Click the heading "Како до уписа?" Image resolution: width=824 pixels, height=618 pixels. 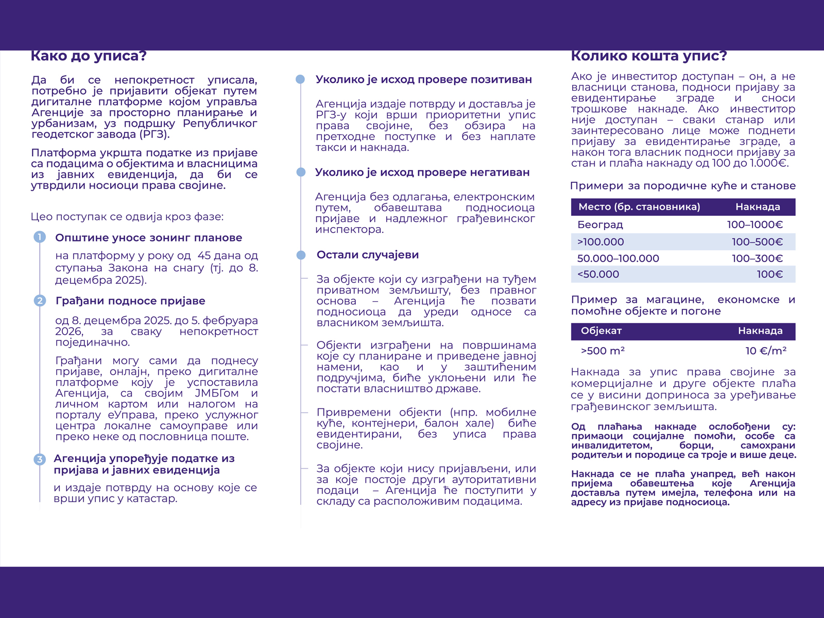(89, 56)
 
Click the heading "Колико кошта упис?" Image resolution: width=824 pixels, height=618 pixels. (649, 56)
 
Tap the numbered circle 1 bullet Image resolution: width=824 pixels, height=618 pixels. (40, 237)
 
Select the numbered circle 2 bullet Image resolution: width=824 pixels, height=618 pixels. (40, 300)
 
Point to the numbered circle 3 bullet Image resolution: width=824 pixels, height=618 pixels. (40, 459)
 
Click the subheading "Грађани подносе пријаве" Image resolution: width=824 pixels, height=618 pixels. (130, 301)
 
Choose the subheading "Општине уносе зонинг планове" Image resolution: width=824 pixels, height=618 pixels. (148, 238)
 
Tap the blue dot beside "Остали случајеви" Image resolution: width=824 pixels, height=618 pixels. (301, 255)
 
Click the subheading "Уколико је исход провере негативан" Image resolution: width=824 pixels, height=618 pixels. (422, 173)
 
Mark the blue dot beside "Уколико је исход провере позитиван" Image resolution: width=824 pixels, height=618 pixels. (301, 79)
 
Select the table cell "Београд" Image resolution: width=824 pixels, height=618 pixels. (600, 225)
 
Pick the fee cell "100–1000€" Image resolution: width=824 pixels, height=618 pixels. (754, 225)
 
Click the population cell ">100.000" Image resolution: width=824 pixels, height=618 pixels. (600, 242)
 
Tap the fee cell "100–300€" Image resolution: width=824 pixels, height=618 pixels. (757, 259)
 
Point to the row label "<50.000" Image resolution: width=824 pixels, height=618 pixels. (598, 274)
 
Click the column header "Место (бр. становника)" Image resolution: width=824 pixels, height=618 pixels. (639, 207)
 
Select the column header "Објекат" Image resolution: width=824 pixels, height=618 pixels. (601, 331)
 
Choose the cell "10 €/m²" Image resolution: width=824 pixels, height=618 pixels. (765, 351)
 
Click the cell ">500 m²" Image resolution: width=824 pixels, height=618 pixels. (603, 351)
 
